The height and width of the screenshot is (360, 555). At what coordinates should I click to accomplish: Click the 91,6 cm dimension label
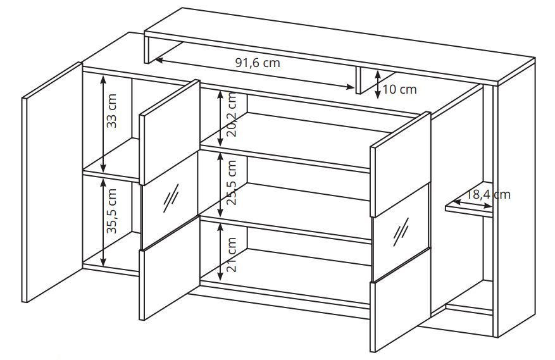pos(258,63)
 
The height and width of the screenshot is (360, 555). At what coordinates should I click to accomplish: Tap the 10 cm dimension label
pos(399,90)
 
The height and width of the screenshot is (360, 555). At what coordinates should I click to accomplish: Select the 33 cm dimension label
pos(111,111)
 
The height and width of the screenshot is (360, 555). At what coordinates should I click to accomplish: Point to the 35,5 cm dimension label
pos(111,211)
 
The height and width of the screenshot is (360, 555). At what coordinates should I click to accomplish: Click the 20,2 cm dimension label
pos(232,115)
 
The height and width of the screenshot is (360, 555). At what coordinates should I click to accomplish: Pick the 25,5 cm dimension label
pos(232,183)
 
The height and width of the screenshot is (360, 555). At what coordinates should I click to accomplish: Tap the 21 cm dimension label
pos(232,254)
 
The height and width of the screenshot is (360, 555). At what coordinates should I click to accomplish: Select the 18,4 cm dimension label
pos(487,194)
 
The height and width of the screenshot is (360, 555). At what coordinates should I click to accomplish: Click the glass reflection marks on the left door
pos(171,198)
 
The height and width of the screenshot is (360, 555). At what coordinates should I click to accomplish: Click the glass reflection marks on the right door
pos(401,232)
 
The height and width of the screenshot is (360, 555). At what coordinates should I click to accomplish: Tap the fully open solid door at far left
pos(52,182)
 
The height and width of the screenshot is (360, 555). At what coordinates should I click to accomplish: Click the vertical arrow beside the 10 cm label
pos(378,84)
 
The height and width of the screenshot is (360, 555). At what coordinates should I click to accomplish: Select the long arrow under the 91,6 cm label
pos(255,73)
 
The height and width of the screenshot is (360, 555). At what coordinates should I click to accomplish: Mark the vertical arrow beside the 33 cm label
pos(103,124)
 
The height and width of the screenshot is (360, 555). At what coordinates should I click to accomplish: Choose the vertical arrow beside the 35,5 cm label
pos(103,222)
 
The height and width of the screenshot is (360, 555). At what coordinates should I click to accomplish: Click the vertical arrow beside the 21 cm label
pos(220,251)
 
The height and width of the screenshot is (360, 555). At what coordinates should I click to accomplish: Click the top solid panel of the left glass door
pos(170,132)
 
